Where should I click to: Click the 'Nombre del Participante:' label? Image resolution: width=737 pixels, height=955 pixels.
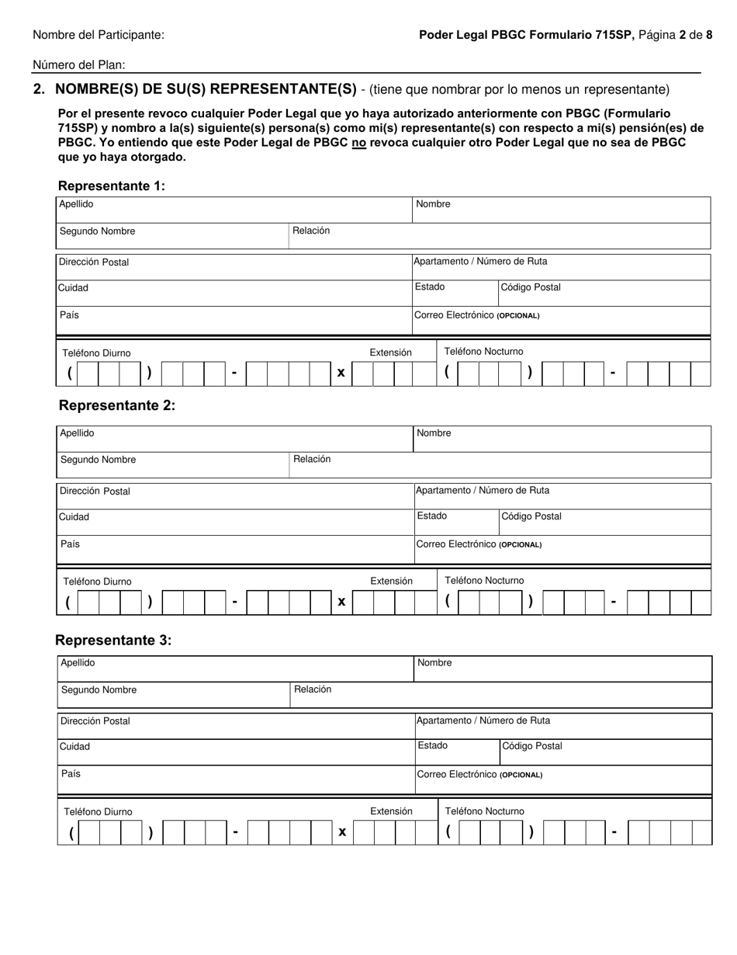(99, 35)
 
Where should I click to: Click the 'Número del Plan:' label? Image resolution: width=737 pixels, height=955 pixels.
(78, 66)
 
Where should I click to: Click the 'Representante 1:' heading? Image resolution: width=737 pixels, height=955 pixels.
(112, 186)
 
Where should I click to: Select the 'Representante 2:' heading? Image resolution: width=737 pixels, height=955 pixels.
(117, 405)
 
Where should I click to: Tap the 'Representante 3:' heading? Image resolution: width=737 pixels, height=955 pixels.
(113, 641)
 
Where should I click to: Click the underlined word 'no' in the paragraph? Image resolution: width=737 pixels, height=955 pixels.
(358, 143)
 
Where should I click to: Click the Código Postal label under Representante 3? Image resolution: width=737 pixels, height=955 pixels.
(532, 746)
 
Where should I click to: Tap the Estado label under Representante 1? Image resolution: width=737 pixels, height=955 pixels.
(430, 286)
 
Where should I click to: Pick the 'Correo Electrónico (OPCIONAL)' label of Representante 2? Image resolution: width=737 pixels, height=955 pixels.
(479, 544)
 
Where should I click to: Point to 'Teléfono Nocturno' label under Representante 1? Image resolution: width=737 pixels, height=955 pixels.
(483, 352)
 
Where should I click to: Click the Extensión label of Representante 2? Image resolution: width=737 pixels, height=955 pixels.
(391, 581)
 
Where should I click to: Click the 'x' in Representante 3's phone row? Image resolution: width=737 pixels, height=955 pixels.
(342, 832)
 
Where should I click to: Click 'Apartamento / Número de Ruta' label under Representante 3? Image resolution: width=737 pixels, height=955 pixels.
(483, 721)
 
